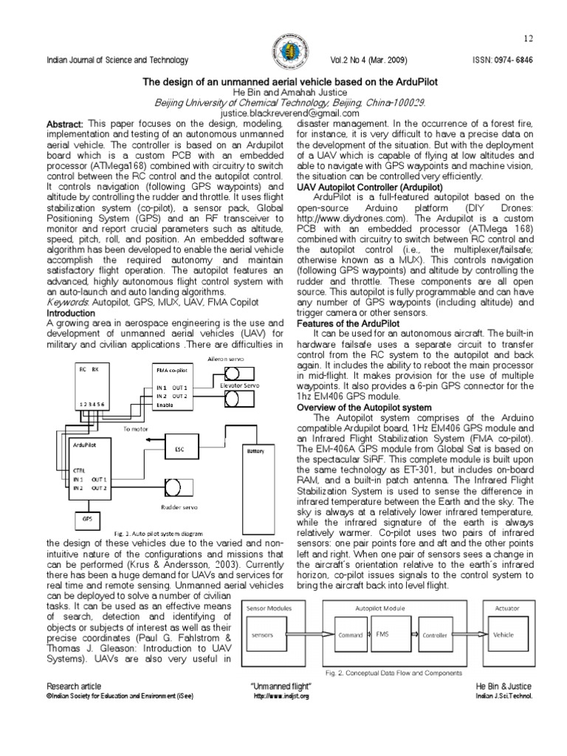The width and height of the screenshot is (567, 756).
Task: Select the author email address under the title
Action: click(283, 114)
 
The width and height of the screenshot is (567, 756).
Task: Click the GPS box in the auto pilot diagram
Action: click(86, 519)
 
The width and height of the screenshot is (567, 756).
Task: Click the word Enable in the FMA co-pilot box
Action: click(165, 405)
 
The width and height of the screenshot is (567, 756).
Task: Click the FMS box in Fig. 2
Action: click(382, 634)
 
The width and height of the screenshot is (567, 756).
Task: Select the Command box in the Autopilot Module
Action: click(350, 634)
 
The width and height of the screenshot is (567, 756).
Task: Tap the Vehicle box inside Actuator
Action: click(504, 634)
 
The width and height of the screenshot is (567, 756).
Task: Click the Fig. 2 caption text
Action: click(394, 673)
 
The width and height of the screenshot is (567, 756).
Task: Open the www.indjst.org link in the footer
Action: click(281, 696)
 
